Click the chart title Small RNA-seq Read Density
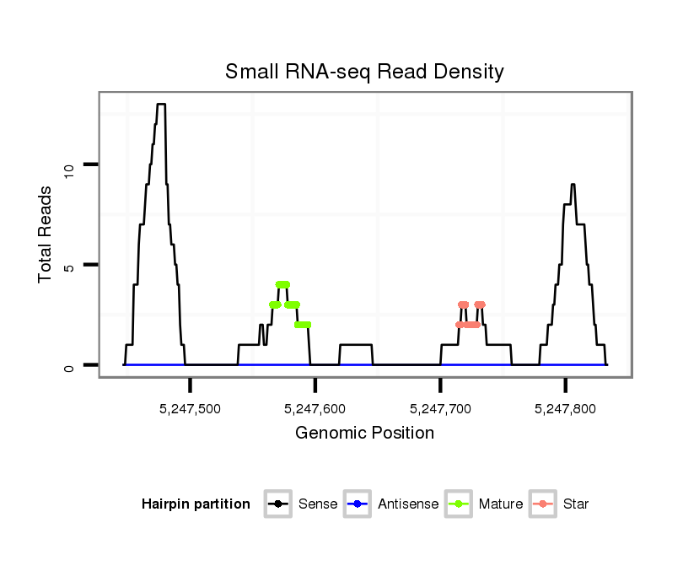click(x=364, y=72)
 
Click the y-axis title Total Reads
click(x=46, y=234)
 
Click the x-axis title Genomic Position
click(x=364, y=434)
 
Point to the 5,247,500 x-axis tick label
click(x=191, y=409)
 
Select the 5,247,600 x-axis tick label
click(x=315, y=409)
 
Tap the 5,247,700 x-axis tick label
click(x=440, y=409)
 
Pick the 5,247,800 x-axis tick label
click(x=565, y=409)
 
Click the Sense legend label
click(x=318, y=504)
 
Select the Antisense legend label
click(x=408, y=504)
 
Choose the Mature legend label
click(x=501, y=504)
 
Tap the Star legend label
click(x=576, y=504)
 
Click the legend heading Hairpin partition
click(x=196, y=504)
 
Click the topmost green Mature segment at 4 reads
click(x=282, y=284)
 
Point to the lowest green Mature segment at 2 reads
click(x=303, y=325)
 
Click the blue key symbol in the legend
click(x=358, y=504)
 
